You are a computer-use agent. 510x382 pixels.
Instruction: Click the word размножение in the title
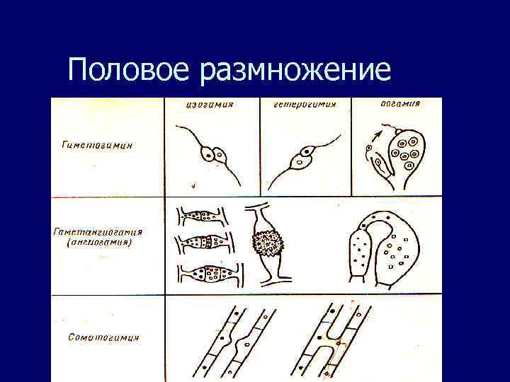(x=295, y=72)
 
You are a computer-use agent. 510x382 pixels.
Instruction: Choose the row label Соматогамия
(x=105, y=337)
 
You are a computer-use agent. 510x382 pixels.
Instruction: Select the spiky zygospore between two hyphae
(x=268, y=244)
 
